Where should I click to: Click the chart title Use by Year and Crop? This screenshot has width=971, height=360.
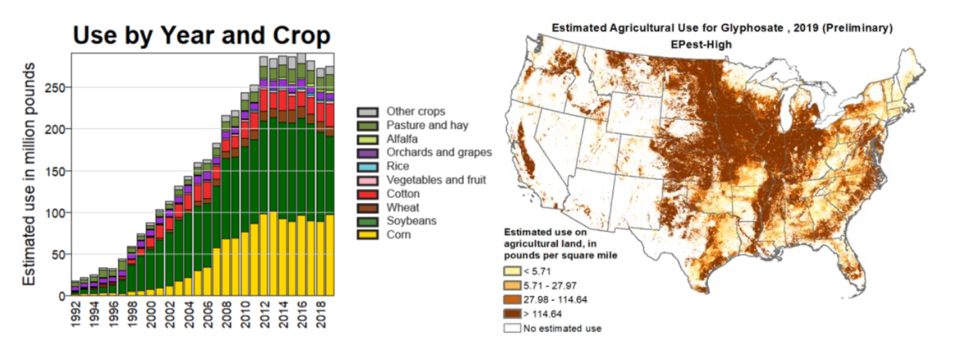pyautogui.click(x=202, y=36)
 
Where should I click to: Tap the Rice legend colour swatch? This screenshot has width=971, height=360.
pyautogui.click(x=367, y=167)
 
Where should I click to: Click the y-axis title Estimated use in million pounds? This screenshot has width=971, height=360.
pyautogui.click(x=29, y=173)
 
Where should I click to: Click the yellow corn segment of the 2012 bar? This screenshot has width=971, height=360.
pyautogui.click(x=264, y=255)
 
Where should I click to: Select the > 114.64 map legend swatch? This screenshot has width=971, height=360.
pyautogui.click(x=512, y=313)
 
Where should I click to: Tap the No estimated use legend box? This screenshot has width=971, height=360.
pyautogui.click(x=512, y=328)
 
